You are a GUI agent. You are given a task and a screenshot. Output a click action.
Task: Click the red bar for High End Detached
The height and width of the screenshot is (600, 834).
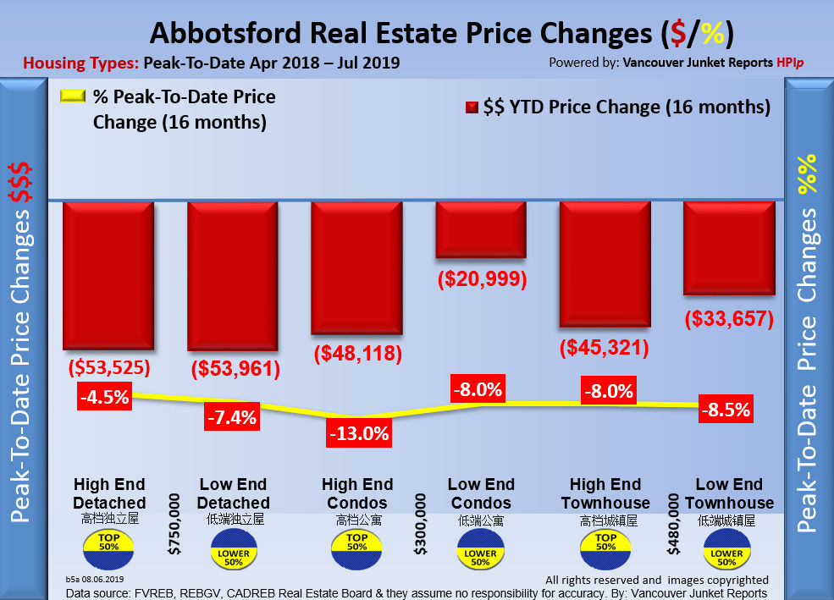pos(108,276)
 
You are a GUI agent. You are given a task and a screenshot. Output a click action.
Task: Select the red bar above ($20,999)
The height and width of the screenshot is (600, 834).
pos(481,229)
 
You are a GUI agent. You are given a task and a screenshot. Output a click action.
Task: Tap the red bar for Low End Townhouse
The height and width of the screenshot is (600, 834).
pos(729,249)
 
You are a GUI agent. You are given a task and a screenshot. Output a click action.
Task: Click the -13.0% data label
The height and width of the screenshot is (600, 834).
pos(358,434)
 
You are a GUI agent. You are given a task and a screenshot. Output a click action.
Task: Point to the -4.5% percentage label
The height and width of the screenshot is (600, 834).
pos(105,397)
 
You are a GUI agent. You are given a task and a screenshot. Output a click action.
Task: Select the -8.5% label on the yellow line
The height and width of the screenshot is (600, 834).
pos(726,410)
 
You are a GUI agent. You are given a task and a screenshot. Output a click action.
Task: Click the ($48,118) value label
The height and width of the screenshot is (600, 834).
pos(357,354)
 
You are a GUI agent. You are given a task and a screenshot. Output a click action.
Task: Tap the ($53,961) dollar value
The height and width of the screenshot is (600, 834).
pos(233,369)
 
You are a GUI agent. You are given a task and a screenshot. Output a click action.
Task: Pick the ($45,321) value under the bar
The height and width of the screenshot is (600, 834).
pos(605,348)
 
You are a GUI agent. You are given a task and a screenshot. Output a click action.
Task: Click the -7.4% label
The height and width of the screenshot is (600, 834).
pos(229,416)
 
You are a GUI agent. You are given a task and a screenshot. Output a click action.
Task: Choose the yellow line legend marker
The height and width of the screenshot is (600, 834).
pos(74,97)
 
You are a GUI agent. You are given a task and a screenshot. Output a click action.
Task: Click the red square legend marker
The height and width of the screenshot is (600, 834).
pos(471,107)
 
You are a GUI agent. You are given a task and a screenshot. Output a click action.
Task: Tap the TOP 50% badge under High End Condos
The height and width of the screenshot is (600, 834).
pos(357,542)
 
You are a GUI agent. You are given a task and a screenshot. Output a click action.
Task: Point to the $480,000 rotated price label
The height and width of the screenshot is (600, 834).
pos(673,525)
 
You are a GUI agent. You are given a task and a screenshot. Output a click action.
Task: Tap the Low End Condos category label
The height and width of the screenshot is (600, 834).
pos(481,494)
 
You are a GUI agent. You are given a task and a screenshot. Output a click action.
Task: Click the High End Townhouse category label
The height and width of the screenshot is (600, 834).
pos(605,494)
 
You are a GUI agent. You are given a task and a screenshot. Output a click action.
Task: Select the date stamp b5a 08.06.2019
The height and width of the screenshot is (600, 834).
pos(95,579)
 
